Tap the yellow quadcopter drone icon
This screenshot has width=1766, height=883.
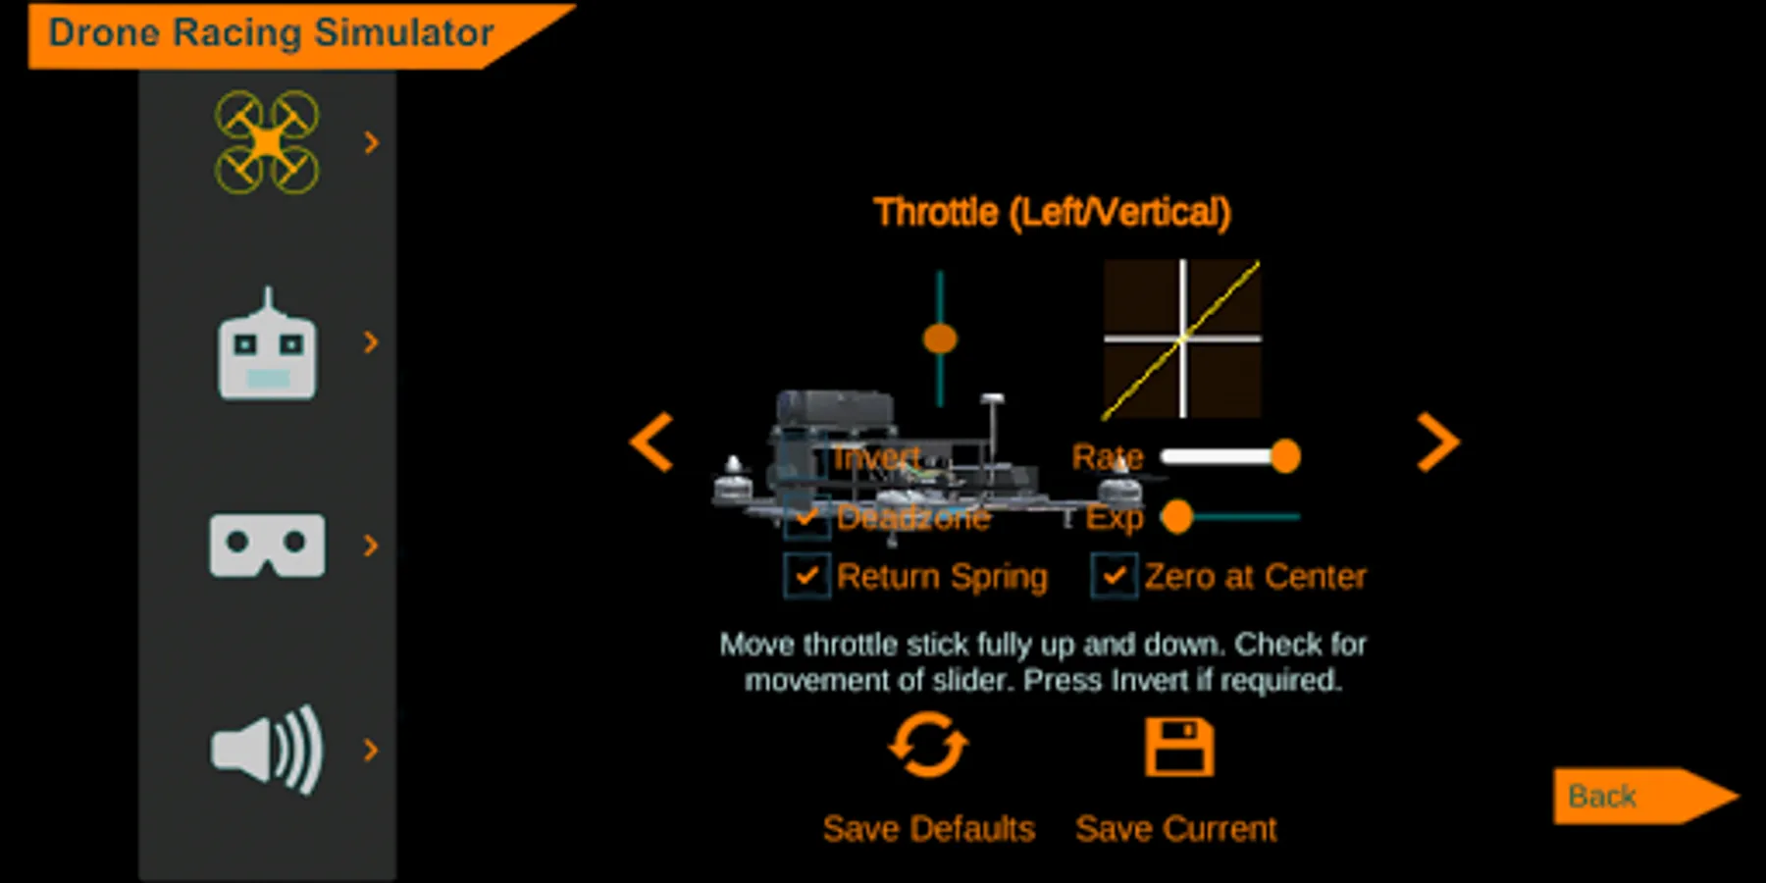pyautogui.click(x=267, y=142)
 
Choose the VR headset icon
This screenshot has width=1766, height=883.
pyautogui.click(x=267, y=545)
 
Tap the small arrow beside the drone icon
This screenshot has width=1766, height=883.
pyautogui.click(x=371, y=143)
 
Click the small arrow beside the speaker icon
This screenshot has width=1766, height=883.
pyautogui.click(x=371, y=751)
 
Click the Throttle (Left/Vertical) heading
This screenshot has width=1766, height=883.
pyautogui.click(x=1052, y=212)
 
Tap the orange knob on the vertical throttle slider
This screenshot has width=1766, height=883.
pyautogui.click(x=940, y=338)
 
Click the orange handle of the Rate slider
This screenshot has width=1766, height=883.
pyautogui.click(x=1284, y=456)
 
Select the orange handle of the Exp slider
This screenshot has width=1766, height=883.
pyautogui.click(x=1176, y=516)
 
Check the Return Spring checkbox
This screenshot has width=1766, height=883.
pyautogui.click(x=806, y=576)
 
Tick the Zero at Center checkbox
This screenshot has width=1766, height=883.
pyautogui.click(x=1114, y=576)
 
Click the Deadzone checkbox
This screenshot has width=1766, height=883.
pyautogui.click(x=806, y=517)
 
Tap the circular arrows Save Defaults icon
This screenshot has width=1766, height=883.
pyautogui.click(x=927, y=747)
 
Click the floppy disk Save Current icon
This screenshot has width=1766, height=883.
pyautogui.click(x=1179, y=747)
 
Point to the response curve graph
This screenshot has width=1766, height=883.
pyautogui.click(x=1182, y=338)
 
